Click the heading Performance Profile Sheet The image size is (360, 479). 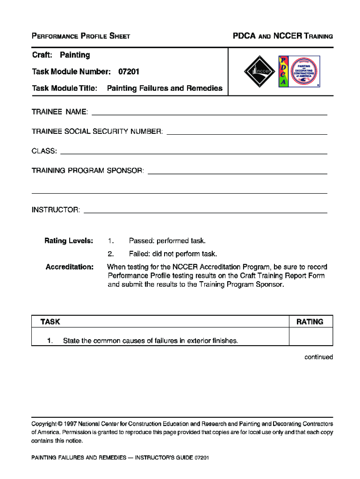[x=80, y=36]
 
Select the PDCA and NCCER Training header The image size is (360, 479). [x=283, y=36]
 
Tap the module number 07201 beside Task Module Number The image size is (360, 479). [x=129, y=72]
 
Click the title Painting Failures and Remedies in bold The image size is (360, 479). [x=165, y=88]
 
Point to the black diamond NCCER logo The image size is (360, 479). [x=259, y=72]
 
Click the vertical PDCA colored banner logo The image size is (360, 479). [x=283, y=72]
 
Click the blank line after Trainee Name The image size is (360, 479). [x=209, y=113]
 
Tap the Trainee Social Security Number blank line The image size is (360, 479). [x=246, y=132]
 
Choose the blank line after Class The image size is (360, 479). [x=194, y=152]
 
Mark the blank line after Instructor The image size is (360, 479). [x=205, y=211]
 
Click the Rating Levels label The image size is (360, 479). [x=69, y=241]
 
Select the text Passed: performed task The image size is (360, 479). [x=167, y=241]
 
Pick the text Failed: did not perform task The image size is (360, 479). [x=173, y=254]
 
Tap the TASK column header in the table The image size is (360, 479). [x=50, y=322]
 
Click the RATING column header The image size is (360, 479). [x=310, y=322]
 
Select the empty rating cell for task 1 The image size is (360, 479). [x=310, y=337]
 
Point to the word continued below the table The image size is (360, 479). [x=318, y=357]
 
